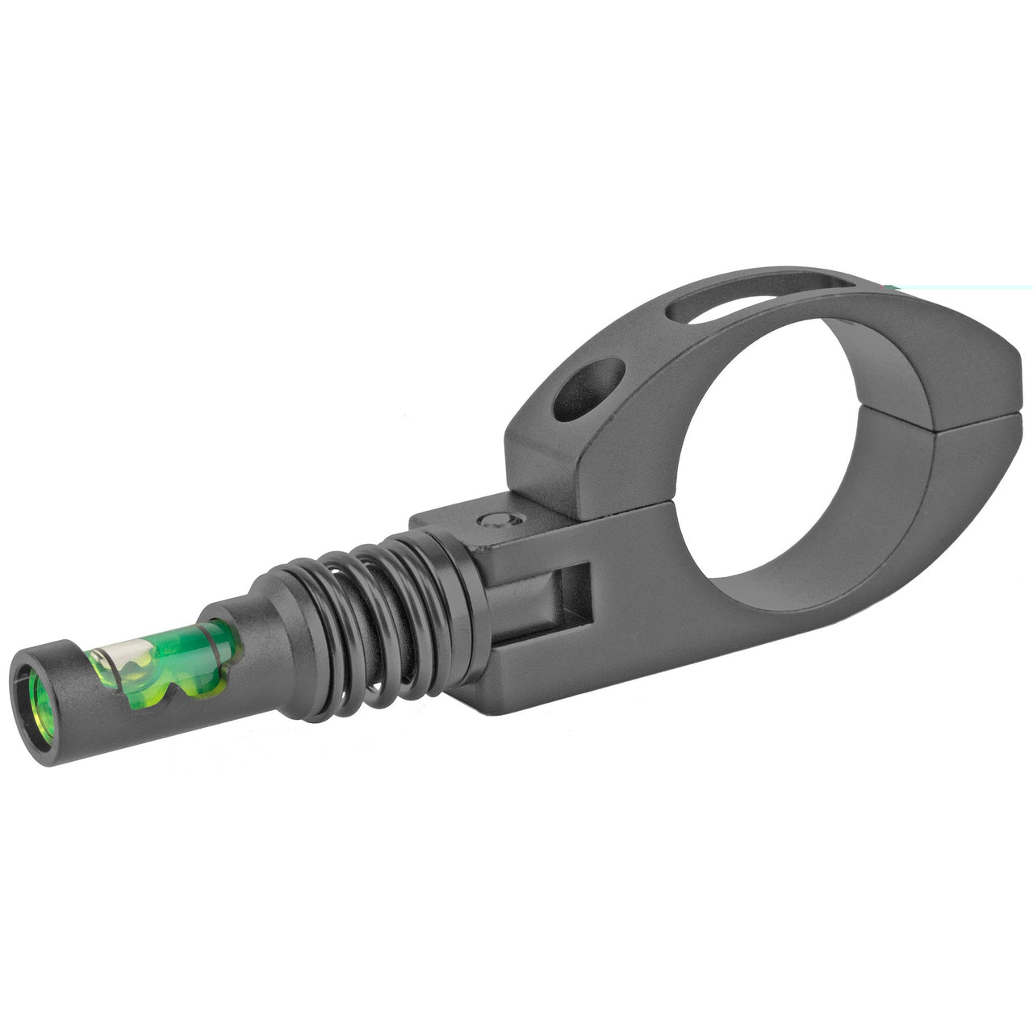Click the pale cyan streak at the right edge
[960, 286]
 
